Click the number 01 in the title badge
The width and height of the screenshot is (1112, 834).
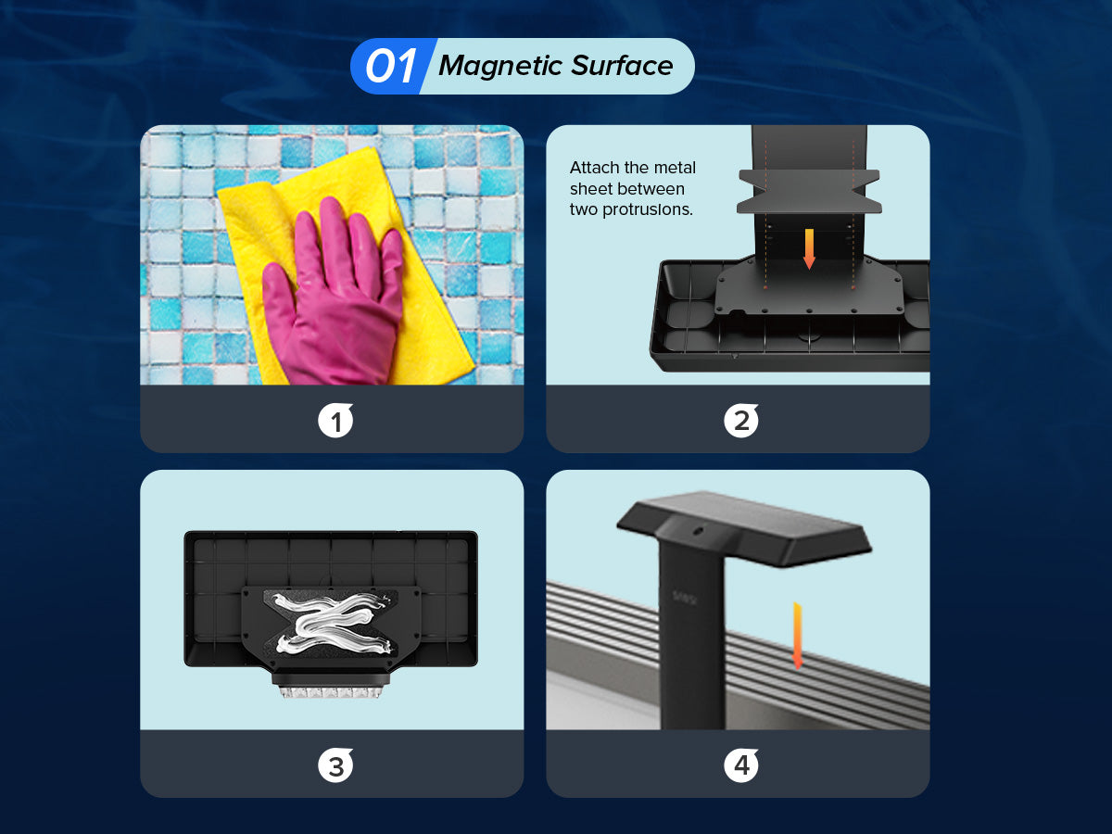coord(391,67)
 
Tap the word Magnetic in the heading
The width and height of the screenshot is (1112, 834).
coord(501,66)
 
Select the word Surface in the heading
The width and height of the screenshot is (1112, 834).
coord(622,65)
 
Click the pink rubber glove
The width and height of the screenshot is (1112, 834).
coord(335,293)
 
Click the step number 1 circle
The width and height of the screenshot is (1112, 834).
coord(335,421)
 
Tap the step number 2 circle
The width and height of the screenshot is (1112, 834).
coord(741,421)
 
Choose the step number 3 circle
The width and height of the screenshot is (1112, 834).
coord(335,765)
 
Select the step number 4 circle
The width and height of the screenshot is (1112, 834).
coord(741,765)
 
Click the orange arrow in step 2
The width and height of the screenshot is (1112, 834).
coord(809,248)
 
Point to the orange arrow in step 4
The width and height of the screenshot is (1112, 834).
coord(798,636)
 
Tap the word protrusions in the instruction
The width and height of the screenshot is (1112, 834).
coord(647,209)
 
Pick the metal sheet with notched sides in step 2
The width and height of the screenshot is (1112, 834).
coord(809,192)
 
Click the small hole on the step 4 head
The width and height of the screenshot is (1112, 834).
coord(698,531)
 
